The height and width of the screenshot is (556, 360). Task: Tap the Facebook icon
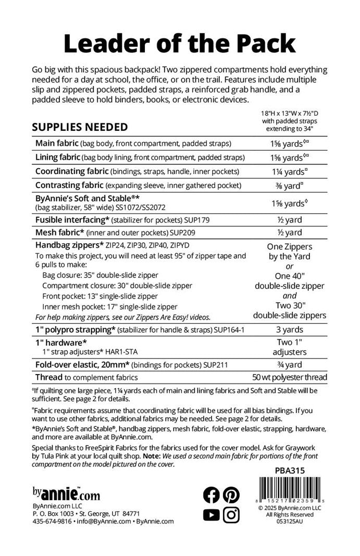click(x=212, y=494)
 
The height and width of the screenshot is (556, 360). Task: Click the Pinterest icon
click(x=231, y=494)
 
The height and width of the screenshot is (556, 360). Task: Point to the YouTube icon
click(x=212, y=515)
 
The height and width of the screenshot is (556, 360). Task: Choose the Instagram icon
click(x=231, y=515)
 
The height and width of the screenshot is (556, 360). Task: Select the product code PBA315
click(x=289, y=471)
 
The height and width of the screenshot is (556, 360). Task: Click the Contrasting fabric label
click(x=68, y=185)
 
